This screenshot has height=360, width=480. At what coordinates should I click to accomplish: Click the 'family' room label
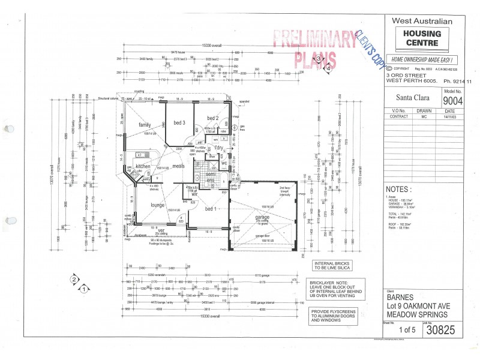(x=145, y=125)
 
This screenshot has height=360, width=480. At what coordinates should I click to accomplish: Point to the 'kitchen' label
(x=142, y=166)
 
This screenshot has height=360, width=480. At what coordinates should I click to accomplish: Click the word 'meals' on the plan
(x=178, y=166)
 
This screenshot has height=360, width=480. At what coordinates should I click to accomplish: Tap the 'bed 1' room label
(x=211, y=208)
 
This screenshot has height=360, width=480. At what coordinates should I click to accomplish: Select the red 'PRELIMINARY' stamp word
(x=314, y=39)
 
